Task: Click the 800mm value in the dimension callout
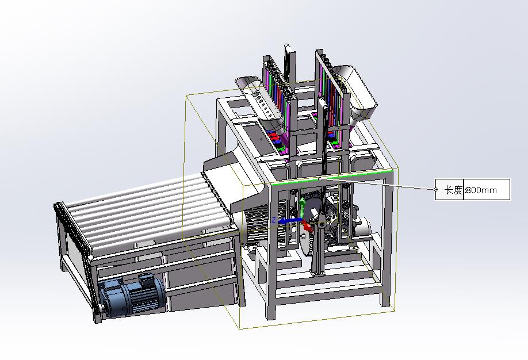tap(481, 190)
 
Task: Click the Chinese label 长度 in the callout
tap(454, 190)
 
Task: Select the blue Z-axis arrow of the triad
tap(290, 221)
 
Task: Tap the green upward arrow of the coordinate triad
tap(303, 206)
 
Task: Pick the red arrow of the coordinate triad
tap(307, 225)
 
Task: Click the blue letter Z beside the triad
tap(274, 220)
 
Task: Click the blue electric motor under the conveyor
tap(131, 296)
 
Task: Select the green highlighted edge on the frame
tap(331, 177)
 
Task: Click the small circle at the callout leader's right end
tap(435, 189)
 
